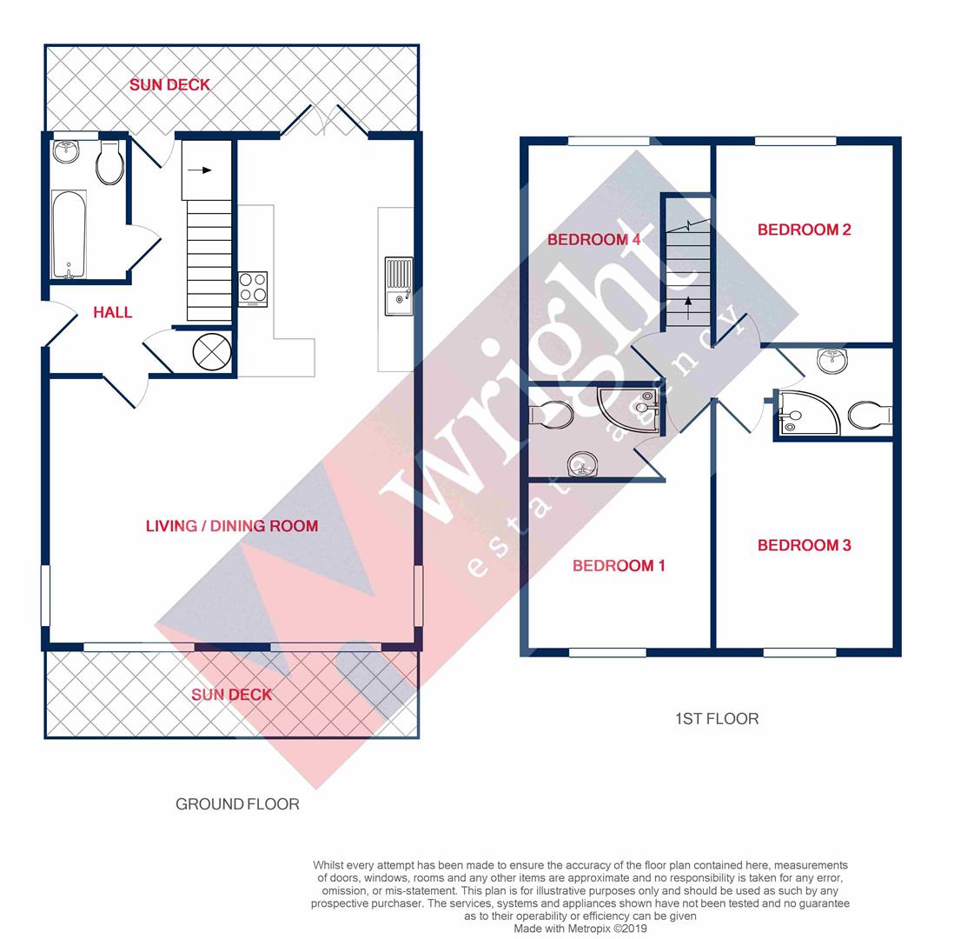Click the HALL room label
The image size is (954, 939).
(x=113, y=312)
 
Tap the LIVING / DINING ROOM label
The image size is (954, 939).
(x=231, y=526)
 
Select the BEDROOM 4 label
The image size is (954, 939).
(x=593, y=240)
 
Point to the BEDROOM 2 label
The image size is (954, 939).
(x=804, y=230)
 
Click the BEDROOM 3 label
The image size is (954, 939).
(x=804, y=545)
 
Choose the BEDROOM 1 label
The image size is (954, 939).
(x=619, y=566)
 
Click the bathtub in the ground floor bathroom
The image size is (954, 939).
(x=69, y=234)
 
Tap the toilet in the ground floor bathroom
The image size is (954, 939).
(x=109, y=163)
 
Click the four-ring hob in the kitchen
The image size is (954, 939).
(x=253, y=288)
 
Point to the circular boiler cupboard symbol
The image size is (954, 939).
(x=212, y=351)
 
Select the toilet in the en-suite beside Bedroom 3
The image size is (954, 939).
(x=869, y=415)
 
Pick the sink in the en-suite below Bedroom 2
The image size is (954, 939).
(x=832, y=360)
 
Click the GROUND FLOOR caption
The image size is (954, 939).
(x=237, y=804)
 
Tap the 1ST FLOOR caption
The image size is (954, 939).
(x=716, y=719)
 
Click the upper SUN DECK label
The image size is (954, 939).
(x=169, y=85)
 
